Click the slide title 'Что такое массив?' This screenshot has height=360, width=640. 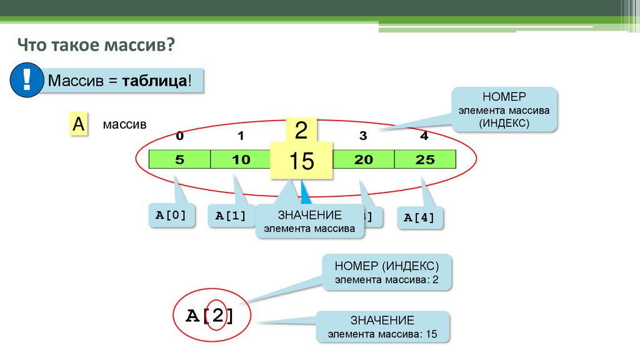96,46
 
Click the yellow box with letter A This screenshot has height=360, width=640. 78,124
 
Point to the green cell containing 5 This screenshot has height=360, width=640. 179,160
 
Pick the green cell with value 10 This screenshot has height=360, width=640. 241,160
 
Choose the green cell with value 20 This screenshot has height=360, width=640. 363,160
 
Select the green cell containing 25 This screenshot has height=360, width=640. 425,160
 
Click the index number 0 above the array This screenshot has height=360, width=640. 180,136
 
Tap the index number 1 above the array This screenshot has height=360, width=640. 241,136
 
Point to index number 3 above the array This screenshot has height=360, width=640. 363,136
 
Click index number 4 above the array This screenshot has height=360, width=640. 424,136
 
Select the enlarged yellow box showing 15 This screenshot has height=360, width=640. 301,161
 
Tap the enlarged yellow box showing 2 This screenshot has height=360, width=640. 301,131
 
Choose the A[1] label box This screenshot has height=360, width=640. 231,217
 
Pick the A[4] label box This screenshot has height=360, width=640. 420,217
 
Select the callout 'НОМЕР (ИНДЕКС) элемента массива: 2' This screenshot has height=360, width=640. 387,272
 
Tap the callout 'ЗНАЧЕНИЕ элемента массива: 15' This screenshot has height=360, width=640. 382,327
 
